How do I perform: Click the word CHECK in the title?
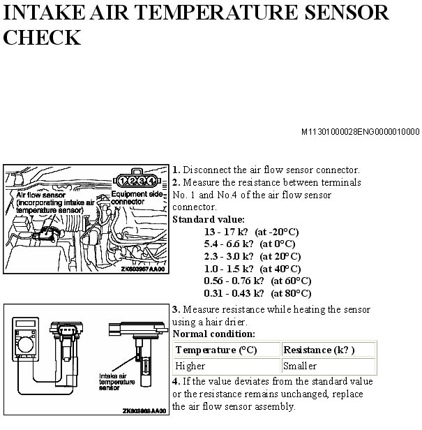(x=42, y=37)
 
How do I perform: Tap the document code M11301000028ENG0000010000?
(x=361, y=132)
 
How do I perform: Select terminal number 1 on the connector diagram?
(x=123, y=181)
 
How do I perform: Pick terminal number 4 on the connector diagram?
(x=151, y=181)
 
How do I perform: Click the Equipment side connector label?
(x=137, y=198)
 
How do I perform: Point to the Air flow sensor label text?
(x=40, y=195)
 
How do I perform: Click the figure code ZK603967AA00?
(x=143, y=269)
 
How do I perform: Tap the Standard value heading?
(x=209, y=219)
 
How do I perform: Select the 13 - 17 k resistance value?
(x=226, y=232)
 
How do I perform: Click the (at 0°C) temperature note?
(x=278, y=244)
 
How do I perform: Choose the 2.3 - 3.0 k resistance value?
(x=229, y=256)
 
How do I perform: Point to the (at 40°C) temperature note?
(x=280, y=269)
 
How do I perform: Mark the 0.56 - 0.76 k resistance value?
(x=234, y=281)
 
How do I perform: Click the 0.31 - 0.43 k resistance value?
(x=234, y=293)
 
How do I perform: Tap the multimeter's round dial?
(x=26, y=344)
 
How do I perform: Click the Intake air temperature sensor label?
(x=116, y=382)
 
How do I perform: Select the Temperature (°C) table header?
(x=216, y=350)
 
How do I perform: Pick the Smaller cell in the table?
(x=300, y=366)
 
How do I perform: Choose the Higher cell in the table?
(x=190, y=366)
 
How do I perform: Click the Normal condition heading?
(x=213, y=334)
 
